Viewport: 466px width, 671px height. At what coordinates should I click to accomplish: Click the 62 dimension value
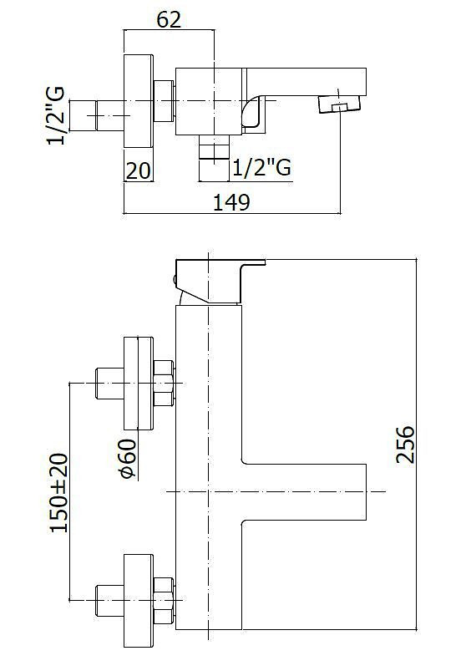(169, 20)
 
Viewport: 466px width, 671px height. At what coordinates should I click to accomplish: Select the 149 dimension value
(231, 202)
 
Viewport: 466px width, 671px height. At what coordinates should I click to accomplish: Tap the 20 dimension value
(138, 170)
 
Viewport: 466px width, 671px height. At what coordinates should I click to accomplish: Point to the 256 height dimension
(405, 445)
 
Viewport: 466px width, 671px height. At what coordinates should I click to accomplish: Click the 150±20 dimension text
(59, 492)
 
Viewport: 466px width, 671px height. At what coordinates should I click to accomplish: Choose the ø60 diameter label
(128, 458)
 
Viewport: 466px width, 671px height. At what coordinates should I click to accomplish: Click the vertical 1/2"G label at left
(56, 115)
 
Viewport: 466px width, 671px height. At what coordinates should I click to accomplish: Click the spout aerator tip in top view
(340, 104)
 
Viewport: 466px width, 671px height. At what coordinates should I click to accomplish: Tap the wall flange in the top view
(139, 101)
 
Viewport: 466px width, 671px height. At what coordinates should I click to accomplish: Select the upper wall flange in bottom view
(139, 384)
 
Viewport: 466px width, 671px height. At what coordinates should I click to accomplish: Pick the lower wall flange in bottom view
(139, 601)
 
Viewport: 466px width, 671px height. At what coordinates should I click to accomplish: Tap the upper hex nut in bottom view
(164, 384)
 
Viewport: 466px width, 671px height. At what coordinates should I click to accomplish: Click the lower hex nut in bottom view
(164, 601)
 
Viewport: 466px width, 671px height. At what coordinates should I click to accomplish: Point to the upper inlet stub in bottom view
(110, 384)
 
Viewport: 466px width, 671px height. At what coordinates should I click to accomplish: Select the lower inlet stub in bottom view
(110, 601)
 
